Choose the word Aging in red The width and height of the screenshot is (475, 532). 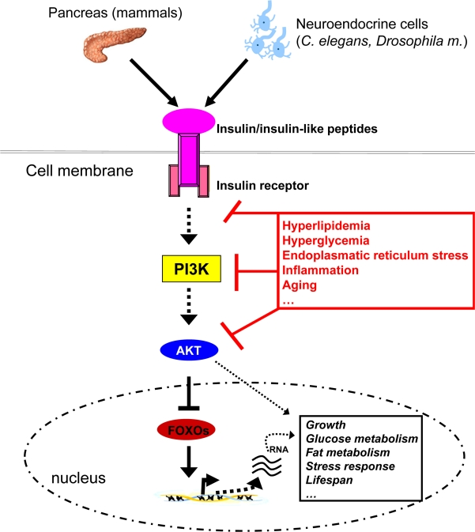pyautogui.click(x=300, y=285)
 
